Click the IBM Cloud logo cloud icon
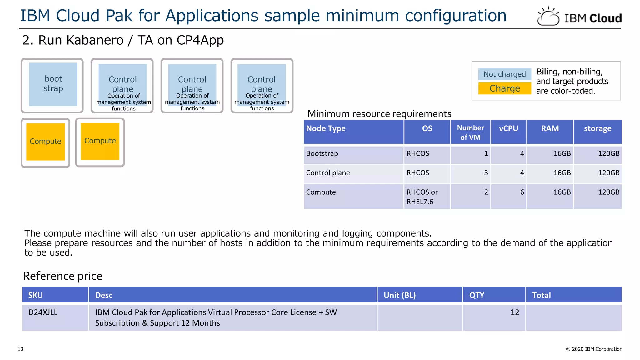coord(548,17)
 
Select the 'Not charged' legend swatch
coord(504,74)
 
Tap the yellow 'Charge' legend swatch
coord(504,88)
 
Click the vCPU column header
coord(508,128)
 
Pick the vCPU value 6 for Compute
coord(522,192)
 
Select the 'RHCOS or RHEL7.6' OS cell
coord(422,197)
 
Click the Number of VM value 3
coord(486,173)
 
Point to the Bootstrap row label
coord(322,153)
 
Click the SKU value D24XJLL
coord(43,312)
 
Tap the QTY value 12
coord(514,312)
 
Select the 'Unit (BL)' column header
coord(399,295)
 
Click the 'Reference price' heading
coord(62,276)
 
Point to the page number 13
coord(21,349)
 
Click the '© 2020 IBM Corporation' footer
coord(594,349)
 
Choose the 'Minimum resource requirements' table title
coord(379,114)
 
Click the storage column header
coord(597,128)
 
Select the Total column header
coord(541,295)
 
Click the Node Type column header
coord(326,128)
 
